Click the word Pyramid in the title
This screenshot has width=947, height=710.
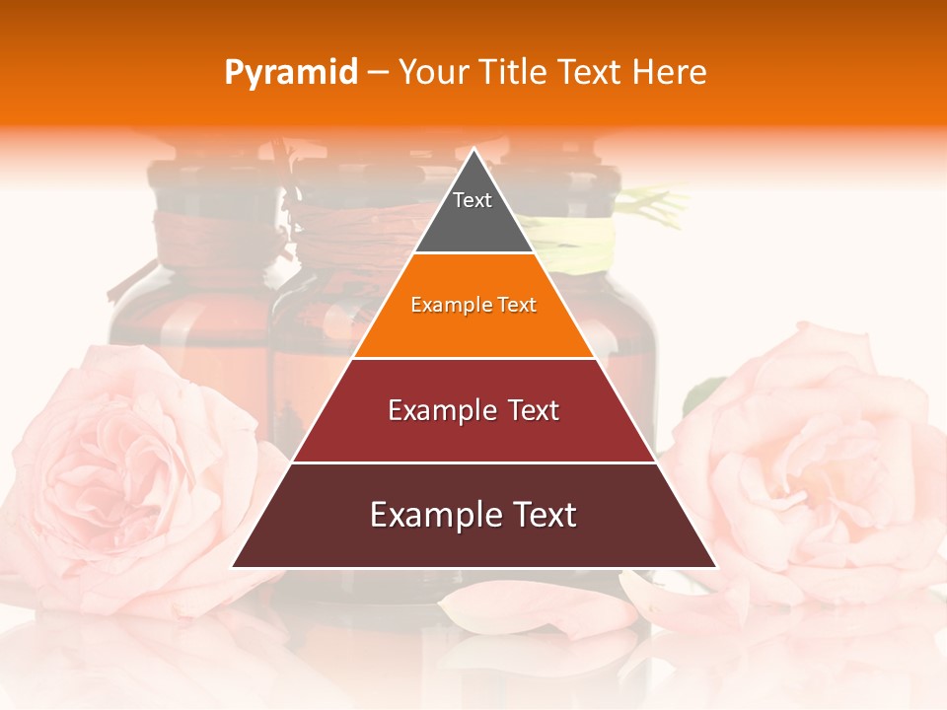(x=290, y=73)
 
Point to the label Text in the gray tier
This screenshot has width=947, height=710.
(x=473, y=200)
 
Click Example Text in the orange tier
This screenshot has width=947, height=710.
(x=473, y=305)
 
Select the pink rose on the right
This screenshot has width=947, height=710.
(x=819, y=463)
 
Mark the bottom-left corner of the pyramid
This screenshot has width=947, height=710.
(x=233, y=567)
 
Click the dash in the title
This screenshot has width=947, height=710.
(x=378, y=73)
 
